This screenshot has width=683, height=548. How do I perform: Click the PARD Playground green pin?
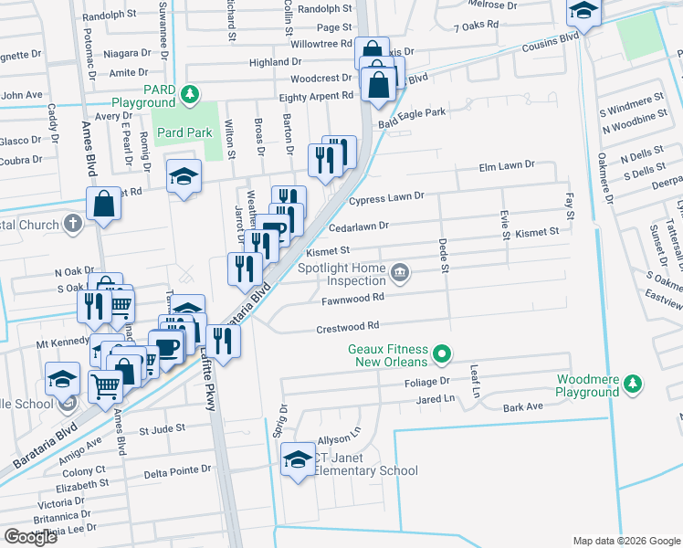[189, 93]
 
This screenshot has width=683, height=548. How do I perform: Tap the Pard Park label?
[184, 132]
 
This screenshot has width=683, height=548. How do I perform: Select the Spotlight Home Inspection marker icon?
[400, 272]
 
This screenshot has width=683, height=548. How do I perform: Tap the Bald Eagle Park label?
[411, 112]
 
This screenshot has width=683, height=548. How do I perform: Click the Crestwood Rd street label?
[347, 326]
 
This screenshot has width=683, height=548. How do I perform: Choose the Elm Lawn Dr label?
[507, 165]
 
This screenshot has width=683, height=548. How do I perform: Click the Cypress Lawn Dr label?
[387, 196]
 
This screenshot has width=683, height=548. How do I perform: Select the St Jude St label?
[162, 427]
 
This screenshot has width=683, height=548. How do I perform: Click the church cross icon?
[74, 225]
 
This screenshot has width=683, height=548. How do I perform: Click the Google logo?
[30, 537]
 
